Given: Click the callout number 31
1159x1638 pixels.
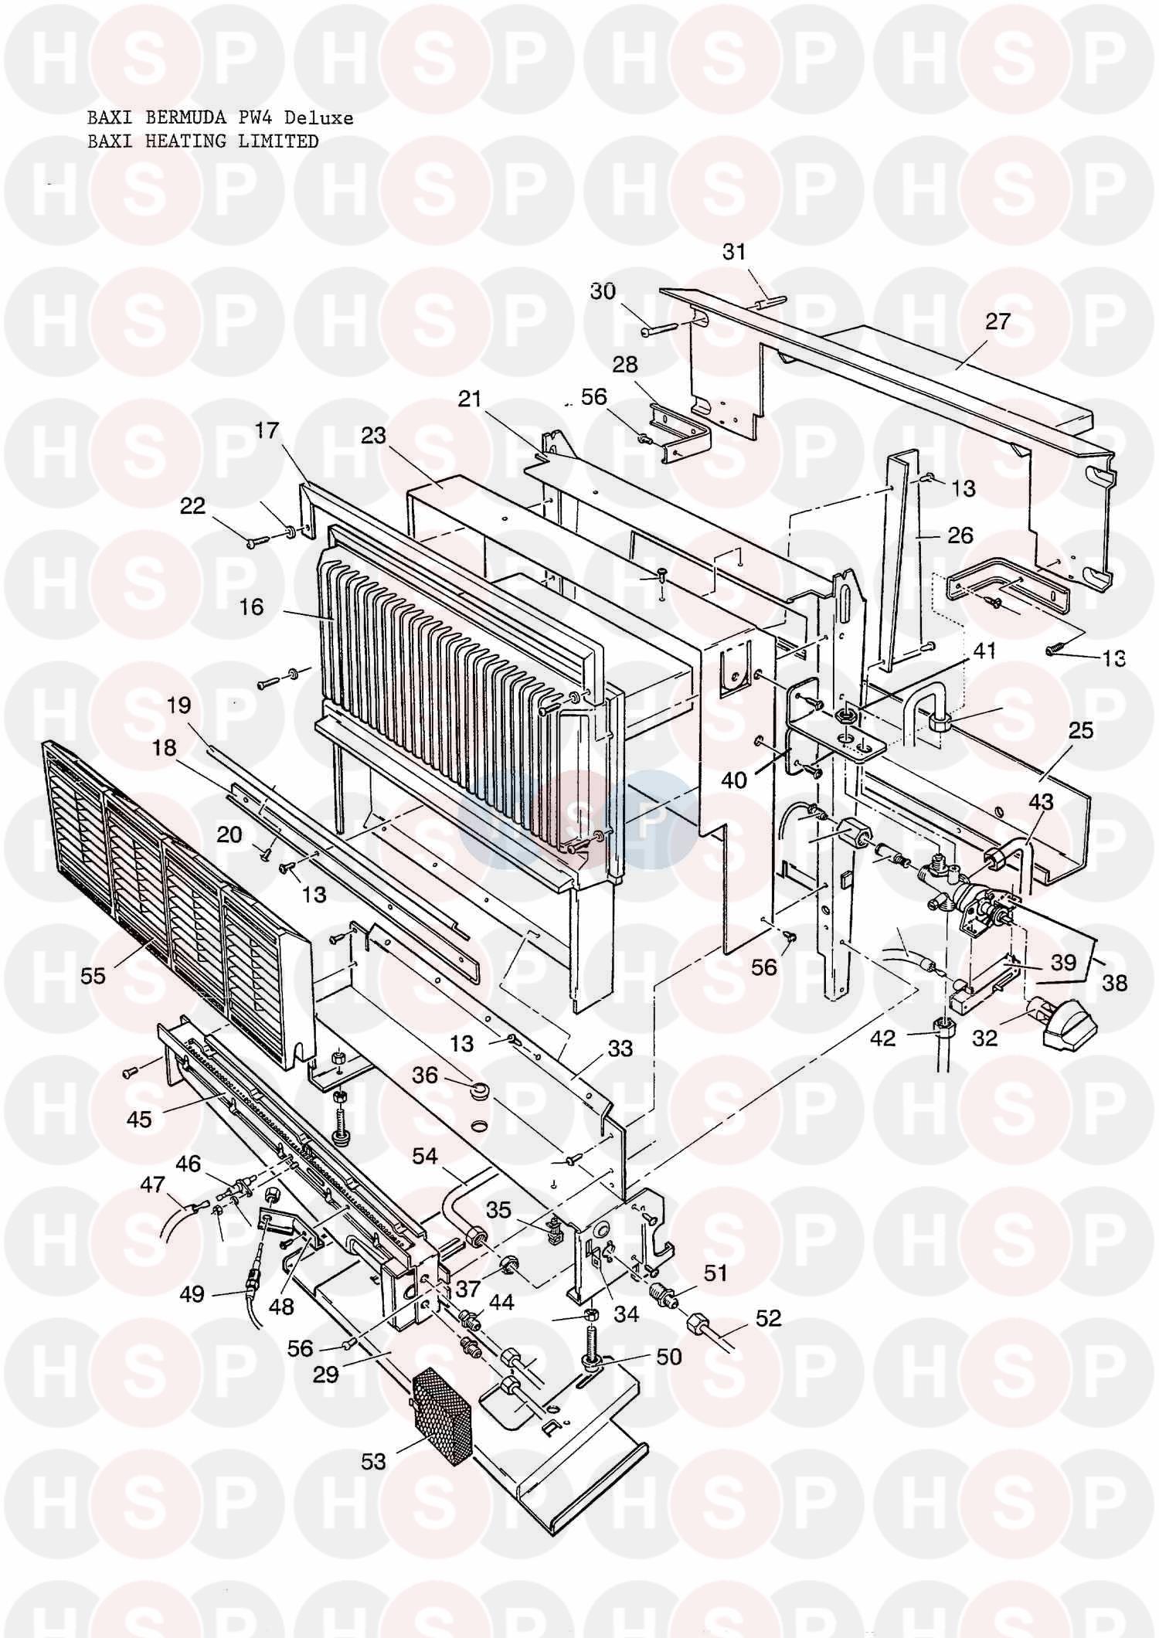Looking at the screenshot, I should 734,252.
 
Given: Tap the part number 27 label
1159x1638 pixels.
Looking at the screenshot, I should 998,321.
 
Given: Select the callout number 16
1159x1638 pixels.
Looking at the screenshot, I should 251,607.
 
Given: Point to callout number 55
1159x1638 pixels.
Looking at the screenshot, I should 93,976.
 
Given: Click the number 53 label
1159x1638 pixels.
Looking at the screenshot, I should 373,1461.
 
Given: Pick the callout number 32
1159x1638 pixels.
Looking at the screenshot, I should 984,1038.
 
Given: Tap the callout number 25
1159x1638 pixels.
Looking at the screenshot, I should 1081,729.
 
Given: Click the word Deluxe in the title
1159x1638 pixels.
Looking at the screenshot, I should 318,118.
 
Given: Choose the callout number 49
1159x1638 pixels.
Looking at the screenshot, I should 192,1293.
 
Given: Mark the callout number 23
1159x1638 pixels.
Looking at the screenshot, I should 373,436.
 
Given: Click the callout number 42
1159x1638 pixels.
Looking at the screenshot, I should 883,1038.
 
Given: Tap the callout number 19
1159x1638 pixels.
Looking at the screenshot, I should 178,705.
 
